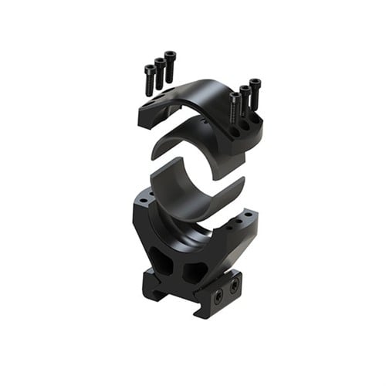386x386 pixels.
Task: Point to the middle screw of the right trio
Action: tap(245, 98)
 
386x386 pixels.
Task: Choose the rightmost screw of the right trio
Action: tap(256, 92)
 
